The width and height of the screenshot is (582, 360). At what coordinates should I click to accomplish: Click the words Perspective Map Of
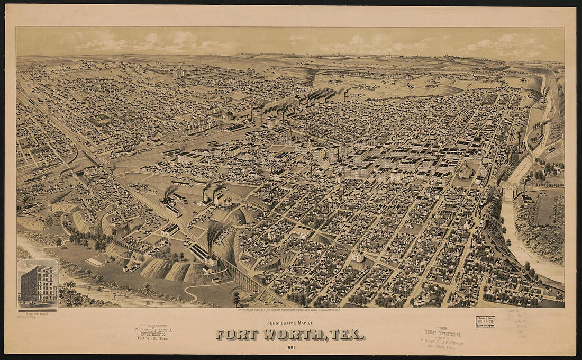tap(290, 322)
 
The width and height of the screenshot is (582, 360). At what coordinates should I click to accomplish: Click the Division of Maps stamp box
tap(485, 321)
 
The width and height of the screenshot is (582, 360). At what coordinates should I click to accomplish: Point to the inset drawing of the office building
tap(37, 283)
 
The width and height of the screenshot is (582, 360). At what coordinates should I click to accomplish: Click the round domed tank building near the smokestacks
tap(228, 115)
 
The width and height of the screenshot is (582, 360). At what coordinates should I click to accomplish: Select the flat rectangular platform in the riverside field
tap(95, 262)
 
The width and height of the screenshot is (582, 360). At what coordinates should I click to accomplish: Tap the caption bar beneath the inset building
tap(37, 310)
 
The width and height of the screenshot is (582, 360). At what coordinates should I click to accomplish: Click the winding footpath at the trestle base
tap(204, 291)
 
